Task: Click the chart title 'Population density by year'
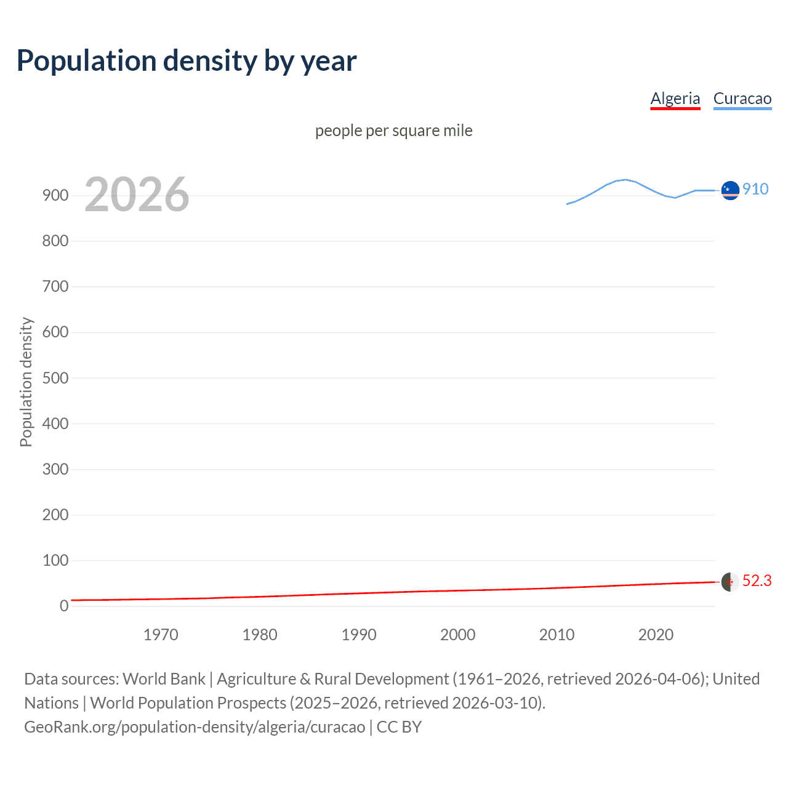tap(187, 61)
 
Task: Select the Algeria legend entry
tap(675, 98)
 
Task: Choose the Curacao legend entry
tap(742, 98)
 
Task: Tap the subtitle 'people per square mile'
tap(393, 131)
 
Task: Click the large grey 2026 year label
tap(137, 195)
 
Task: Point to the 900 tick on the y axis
tap(55, 195)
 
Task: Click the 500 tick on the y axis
tap(55, 378)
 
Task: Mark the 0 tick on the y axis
tap(64, 606)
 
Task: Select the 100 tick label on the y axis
tap(55, 560)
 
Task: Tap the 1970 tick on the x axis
tap(161, 635)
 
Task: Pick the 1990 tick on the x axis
tap(359, 635)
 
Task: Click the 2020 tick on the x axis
tap(656, 635)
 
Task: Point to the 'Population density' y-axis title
tap(26, 382)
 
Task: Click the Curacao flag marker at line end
tap(730, 191)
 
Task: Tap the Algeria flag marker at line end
tap(730, 582)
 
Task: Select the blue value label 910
tap(755, 189)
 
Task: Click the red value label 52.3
tap(757, 581)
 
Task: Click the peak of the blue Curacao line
tap(625, 180)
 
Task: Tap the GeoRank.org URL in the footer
tap(195, 727)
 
